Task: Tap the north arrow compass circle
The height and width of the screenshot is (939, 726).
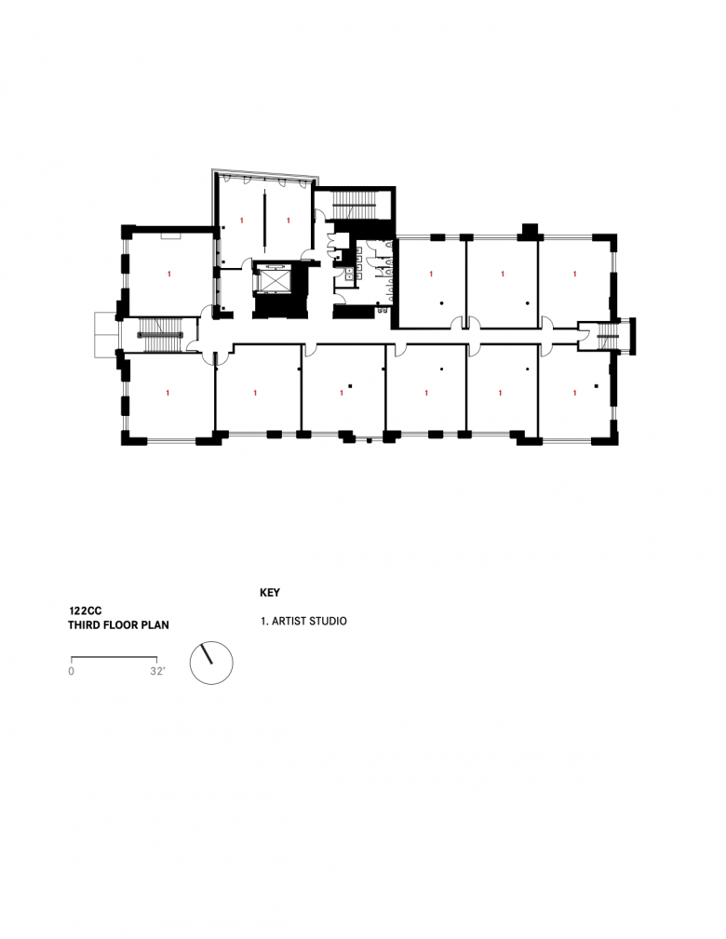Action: (211, 663)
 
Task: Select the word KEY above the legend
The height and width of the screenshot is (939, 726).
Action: (270, 592)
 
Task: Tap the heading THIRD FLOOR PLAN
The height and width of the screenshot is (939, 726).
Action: (118, 626)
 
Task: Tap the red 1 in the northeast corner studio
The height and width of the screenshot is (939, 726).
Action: (574, 275)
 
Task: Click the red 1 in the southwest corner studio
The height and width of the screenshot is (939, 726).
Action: (168, 394)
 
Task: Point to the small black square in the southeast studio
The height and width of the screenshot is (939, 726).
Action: (597, 384)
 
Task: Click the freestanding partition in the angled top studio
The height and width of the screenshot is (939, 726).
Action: (264, 219)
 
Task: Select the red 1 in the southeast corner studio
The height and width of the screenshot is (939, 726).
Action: (574, 394)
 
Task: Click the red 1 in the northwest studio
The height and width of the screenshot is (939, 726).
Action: (169, 275)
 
